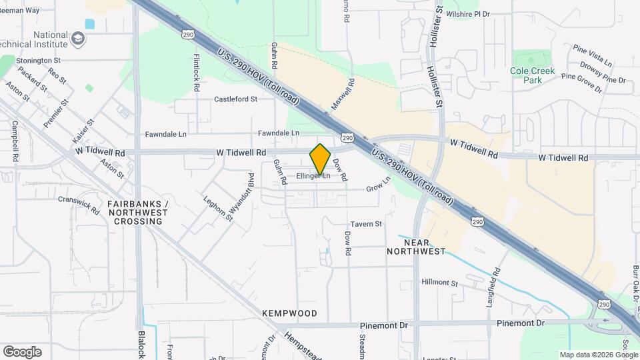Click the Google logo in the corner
22,352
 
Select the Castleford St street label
235,99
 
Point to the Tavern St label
366,224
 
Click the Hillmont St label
439,283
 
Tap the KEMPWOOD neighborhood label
289,313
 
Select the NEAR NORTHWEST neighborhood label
416,247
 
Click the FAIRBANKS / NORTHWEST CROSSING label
138,212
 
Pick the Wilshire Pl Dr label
468,13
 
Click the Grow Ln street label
377,189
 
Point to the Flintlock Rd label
197,72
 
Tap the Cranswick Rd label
78,203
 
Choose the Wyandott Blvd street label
241,193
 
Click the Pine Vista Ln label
593,56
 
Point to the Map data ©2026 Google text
598,355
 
